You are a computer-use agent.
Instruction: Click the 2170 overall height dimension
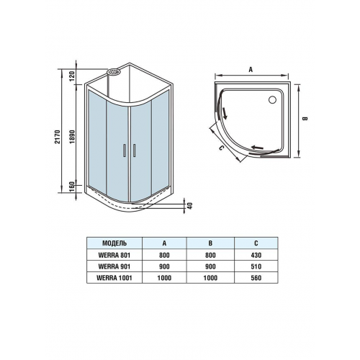tap(57, 137)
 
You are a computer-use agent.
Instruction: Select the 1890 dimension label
tap(73, 137)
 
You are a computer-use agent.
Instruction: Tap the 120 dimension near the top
tap(73, 76)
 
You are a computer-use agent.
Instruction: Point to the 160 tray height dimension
tap(72, 187)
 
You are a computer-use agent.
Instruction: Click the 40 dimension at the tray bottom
tap(190, 206)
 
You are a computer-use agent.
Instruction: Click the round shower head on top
tap(114, 71)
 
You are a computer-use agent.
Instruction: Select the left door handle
tap(125, 150)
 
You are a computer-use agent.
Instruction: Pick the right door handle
tap(134, 150)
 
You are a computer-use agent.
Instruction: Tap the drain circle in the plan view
tap(272, 99)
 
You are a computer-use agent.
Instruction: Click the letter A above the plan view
tap(251, 70)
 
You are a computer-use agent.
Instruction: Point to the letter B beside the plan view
tap(305, 118)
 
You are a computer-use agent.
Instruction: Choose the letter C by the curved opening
tap(221, 148)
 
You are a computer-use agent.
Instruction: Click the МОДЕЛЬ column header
tap(114, 243)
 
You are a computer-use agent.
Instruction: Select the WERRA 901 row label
tap(114, 266)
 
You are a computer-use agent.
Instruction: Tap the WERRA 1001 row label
tap(114, 278)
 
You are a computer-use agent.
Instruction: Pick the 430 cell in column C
tap(256, 255)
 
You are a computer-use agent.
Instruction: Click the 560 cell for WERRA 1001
tap(256, 278)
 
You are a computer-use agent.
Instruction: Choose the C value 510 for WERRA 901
tap(256, 266)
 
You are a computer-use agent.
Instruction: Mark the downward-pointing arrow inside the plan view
tap(225, 113)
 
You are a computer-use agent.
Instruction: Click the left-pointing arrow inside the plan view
tap(257, 148)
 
